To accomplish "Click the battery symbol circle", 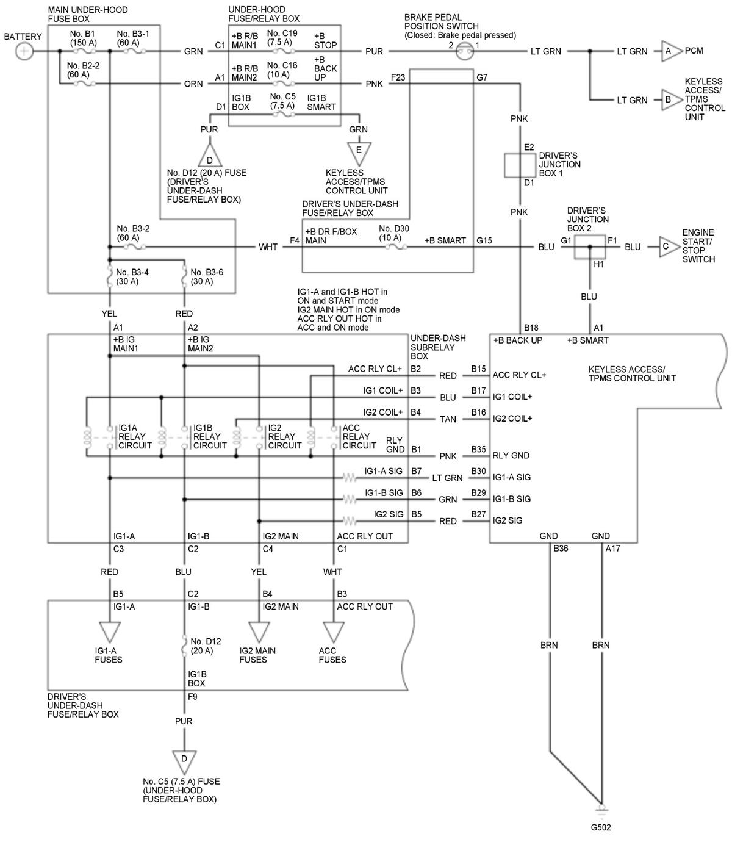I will click(x=24, y=51).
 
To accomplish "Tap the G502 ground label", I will click(x=601, y=828).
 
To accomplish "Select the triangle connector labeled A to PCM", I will click(x=668, y=51).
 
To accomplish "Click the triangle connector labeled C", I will click(x=667, y=247).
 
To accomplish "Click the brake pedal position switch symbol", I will click(x=465, y=52).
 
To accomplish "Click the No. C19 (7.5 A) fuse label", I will click(x=282, y=37).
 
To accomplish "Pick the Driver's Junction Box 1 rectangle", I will click(x=519, y=165).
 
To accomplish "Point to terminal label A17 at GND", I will click(x=612, y=549).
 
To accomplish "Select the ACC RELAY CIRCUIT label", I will click(x=359, y=436).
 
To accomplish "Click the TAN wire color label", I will click(x=448, y=419).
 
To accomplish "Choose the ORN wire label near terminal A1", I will click(x=193, y=84).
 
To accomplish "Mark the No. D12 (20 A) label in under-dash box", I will click(x=206, y=646).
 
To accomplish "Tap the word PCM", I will click(x=694, y=51).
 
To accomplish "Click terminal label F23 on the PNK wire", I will click(x=398, y=77).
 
